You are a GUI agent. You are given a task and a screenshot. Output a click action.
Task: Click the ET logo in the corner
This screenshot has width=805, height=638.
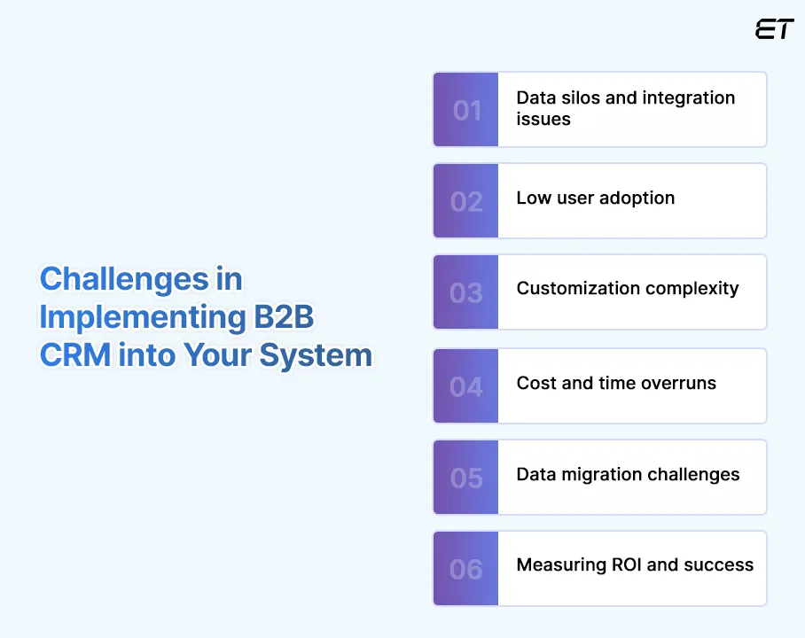point(774,29)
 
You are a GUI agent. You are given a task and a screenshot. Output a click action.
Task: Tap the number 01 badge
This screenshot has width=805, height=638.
point(466,110)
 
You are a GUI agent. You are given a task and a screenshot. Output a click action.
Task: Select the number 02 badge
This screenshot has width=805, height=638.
point(466,201)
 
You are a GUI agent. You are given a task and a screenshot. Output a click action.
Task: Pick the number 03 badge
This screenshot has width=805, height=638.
point(466,292)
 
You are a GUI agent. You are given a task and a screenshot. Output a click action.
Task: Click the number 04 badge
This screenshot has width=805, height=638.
point(466,386)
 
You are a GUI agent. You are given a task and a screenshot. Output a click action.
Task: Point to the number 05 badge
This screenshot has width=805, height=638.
point(466,478)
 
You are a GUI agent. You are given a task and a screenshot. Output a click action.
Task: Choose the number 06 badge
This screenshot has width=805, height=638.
point(466,569)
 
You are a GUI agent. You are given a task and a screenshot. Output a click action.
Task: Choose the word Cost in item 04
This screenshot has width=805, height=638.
point(535,383)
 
